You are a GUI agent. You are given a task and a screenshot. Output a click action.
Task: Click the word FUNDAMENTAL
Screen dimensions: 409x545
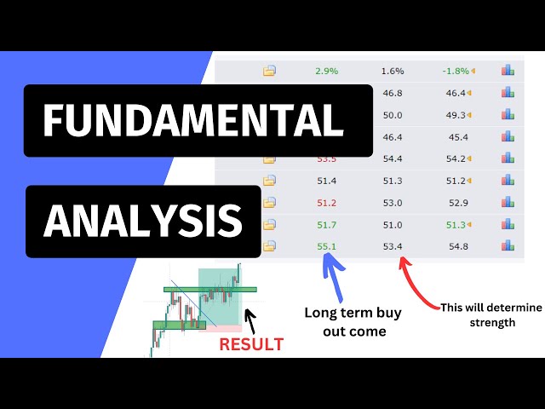pos(194,120)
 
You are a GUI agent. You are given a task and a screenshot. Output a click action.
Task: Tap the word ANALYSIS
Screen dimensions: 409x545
pos(143,221)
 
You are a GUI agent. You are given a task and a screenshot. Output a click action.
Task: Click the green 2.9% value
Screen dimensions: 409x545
pos(327,71)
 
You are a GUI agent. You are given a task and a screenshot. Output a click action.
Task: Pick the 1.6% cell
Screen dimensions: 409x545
pos(393,71)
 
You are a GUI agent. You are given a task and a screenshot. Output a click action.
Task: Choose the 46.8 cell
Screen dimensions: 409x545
pos(393,92)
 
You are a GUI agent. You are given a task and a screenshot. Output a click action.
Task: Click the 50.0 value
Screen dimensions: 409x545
pos(393,114)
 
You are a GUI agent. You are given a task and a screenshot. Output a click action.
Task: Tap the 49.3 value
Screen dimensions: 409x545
pos(456,114)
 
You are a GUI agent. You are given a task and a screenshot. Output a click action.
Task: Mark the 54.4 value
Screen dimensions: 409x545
pos(393,158)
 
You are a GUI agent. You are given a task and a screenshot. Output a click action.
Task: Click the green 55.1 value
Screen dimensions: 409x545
pos(327,246)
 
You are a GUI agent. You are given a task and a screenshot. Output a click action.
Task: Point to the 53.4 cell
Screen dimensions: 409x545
pos(393,246)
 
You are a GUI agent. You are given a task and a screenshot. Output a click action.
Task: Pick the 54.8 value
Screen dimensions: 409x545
pos(457,246)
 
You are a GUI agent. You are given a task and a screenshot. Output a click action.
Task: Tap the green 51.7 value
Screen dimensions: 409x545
pos(327,224)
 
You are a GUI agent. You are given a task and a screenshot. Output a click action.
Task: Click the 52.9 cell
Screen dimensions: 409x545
pos(457,202)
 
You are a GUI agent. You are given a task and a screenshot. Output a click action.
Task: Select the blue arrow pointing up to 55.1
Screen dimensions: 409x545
pos(331,274)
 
